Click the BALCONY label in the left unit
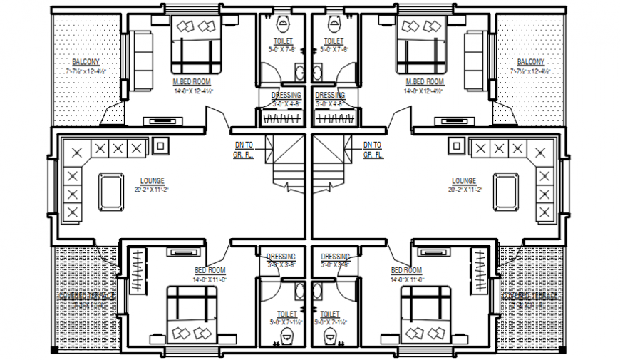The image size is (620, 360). [86, 62]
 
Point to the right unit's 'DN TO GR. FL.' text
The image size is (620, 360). [373, 150]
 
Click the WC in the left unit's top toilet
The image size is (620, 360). [284, 22]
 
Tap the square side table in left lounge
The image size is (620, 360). [160, 146]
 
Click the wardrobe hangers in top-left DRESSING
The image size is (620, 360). [284, 117]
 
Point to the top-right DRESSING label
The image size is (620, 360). [330, 95]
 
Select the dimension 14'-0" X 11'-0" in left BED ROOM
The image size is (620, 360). [209, 280]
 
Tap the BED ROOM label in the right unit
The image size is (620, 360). [406, 271]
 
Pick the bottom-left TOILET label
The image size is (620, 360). [286, 314]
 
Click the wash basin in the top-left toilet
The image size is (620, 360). [299, 71]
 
